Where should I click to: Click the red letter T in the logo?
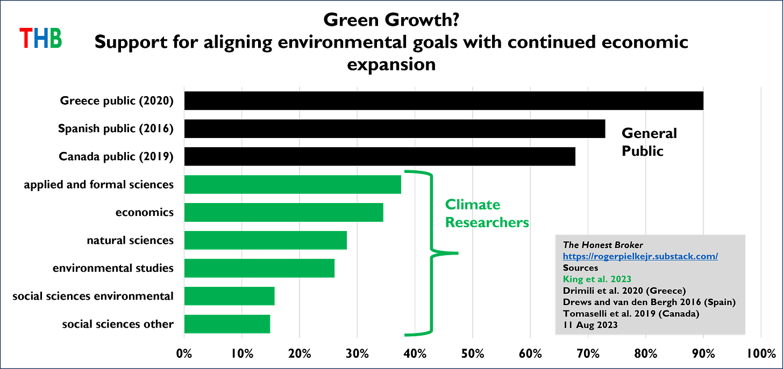point(26,38)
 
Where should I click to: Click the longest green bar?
point(293,184)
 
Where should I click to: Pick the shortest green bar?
point(228,324)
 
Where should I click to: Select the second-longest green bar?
point(284,211)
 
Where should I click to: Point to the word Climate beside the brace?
point(472,205)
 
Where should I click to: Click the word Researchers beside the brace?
point(486,222)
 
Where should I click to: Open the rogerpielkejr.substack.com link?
point(640,256)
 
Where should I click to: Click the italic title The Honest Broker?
point(603,245)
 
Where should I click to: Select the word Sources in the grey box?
point(580,267)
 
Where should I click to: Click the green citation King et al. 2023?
point(597,279)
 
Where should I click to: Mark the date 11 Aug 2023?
point(590,325)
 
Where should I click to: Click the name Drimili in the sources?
point(579,291)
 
